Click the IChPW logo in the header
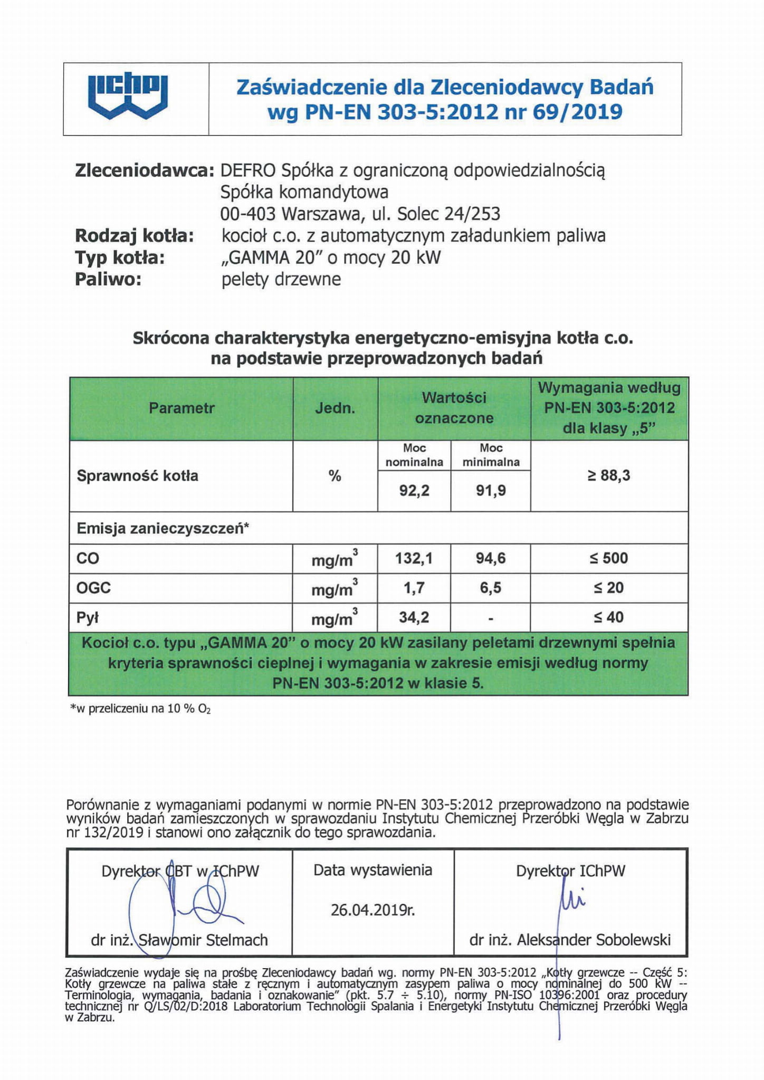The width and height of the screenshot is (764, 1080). click(128, 97)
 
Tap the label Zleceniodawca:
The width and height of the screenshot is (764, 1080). click(144, 170)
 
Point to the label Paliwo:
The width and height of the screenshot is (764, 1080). click(108, 279)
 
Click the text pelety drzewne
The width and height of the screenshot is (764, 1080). click(281, 279)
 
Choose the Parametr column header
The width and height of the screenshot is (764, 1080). click(182, 408)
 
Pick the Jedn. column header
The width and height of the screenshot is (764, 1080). click(335, 408)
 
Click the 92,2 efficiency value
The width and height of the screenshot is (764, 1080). click(414, 491)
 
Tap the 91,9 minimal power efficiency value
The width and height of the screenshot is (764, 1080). click(491, 491)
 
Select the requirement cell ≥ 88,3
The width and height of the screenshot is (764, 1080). click(609, 475)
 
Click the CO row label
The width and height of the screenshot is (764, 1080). click(88, 558)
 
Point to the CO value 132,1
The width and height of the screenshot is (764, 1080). click(414, 558)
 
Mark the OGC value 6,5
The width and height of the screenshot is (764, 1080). click(491, 588)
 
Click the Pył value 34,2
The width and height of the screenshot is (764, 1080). click(414, 617)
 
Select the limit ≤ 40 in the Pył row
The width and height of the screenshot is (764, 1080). click(609, 617)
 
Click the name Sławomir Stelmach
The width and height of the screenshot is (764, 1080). click(203, 940)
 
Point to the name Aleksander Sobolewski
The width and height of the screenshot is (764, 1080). click(594, 940)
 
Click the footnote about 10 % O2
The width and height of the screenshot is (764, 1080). click(140, 709)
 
